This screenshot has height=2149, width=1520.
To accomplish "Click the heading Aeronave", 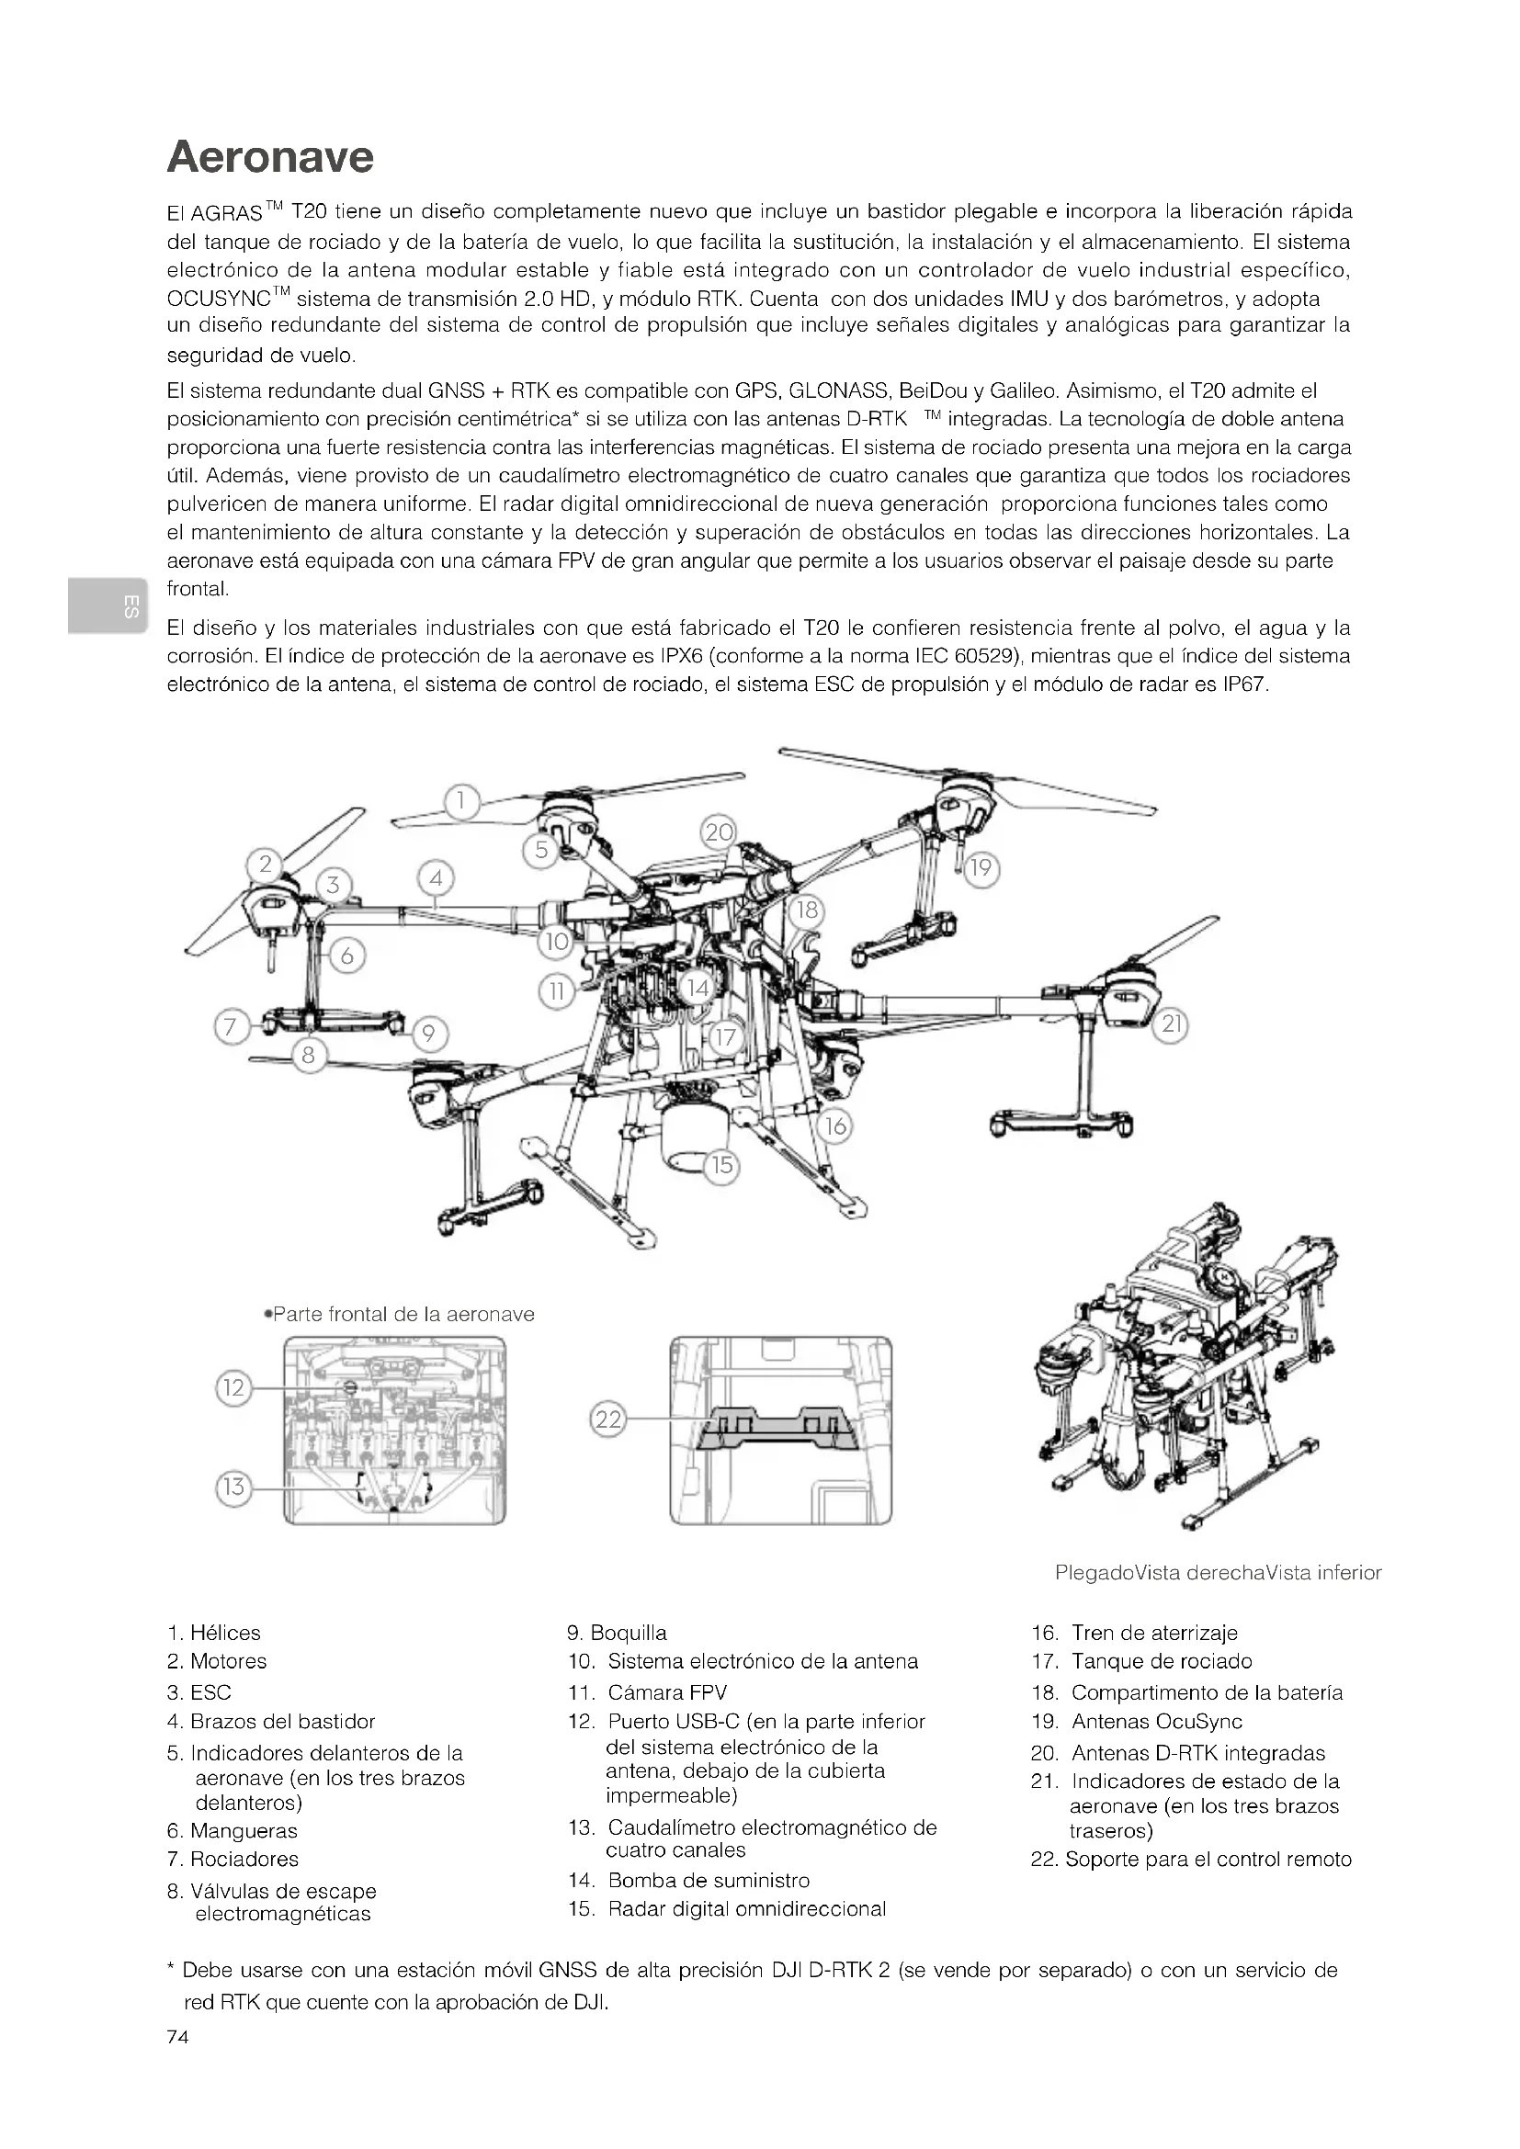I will coord(270,157).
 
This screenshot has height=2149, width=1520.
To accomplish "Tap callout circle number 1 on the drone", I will coord(461,802).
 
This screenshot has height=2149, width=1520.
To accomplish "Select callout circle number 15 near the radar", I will coord(722,1165).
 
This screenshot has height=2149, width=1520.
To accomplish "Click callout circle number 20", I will coord(719,833).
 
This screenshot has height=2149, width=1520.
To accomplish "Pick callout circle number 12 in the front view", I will coord(234,1387).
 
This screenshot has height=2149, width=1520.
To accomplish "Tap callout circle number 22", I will coord(608,1419).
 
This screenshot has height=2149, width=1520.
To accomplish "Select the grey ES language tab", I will coord(106,606).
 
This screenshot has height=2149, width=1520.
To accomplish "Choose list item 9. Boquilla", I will coord(617,1634).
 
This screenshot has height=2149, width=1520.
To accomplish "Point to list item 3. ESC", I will coord(199,1692).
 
